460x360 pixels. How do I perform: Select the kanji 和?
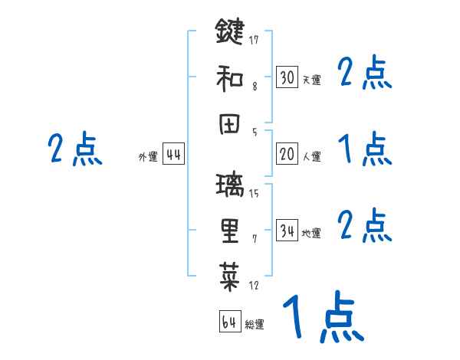pos(229,77)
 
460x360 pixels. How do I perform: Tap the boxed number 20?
pos(287,154)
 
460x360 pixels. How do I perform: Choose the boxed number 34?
pos(287,231)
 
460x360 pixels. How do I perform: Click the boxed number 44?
pos(174,155)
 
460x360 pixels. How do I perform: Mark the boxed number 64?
pos(229,322)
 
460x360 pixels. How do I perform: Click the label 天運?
pos(311,80)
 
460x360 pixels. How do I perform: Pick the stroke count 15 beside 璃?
pos(253,194)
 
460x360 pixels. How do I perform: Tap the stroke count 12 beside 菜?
pos(253,286)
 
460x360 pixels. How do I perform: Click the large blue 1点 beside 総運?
pos(322,317)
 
